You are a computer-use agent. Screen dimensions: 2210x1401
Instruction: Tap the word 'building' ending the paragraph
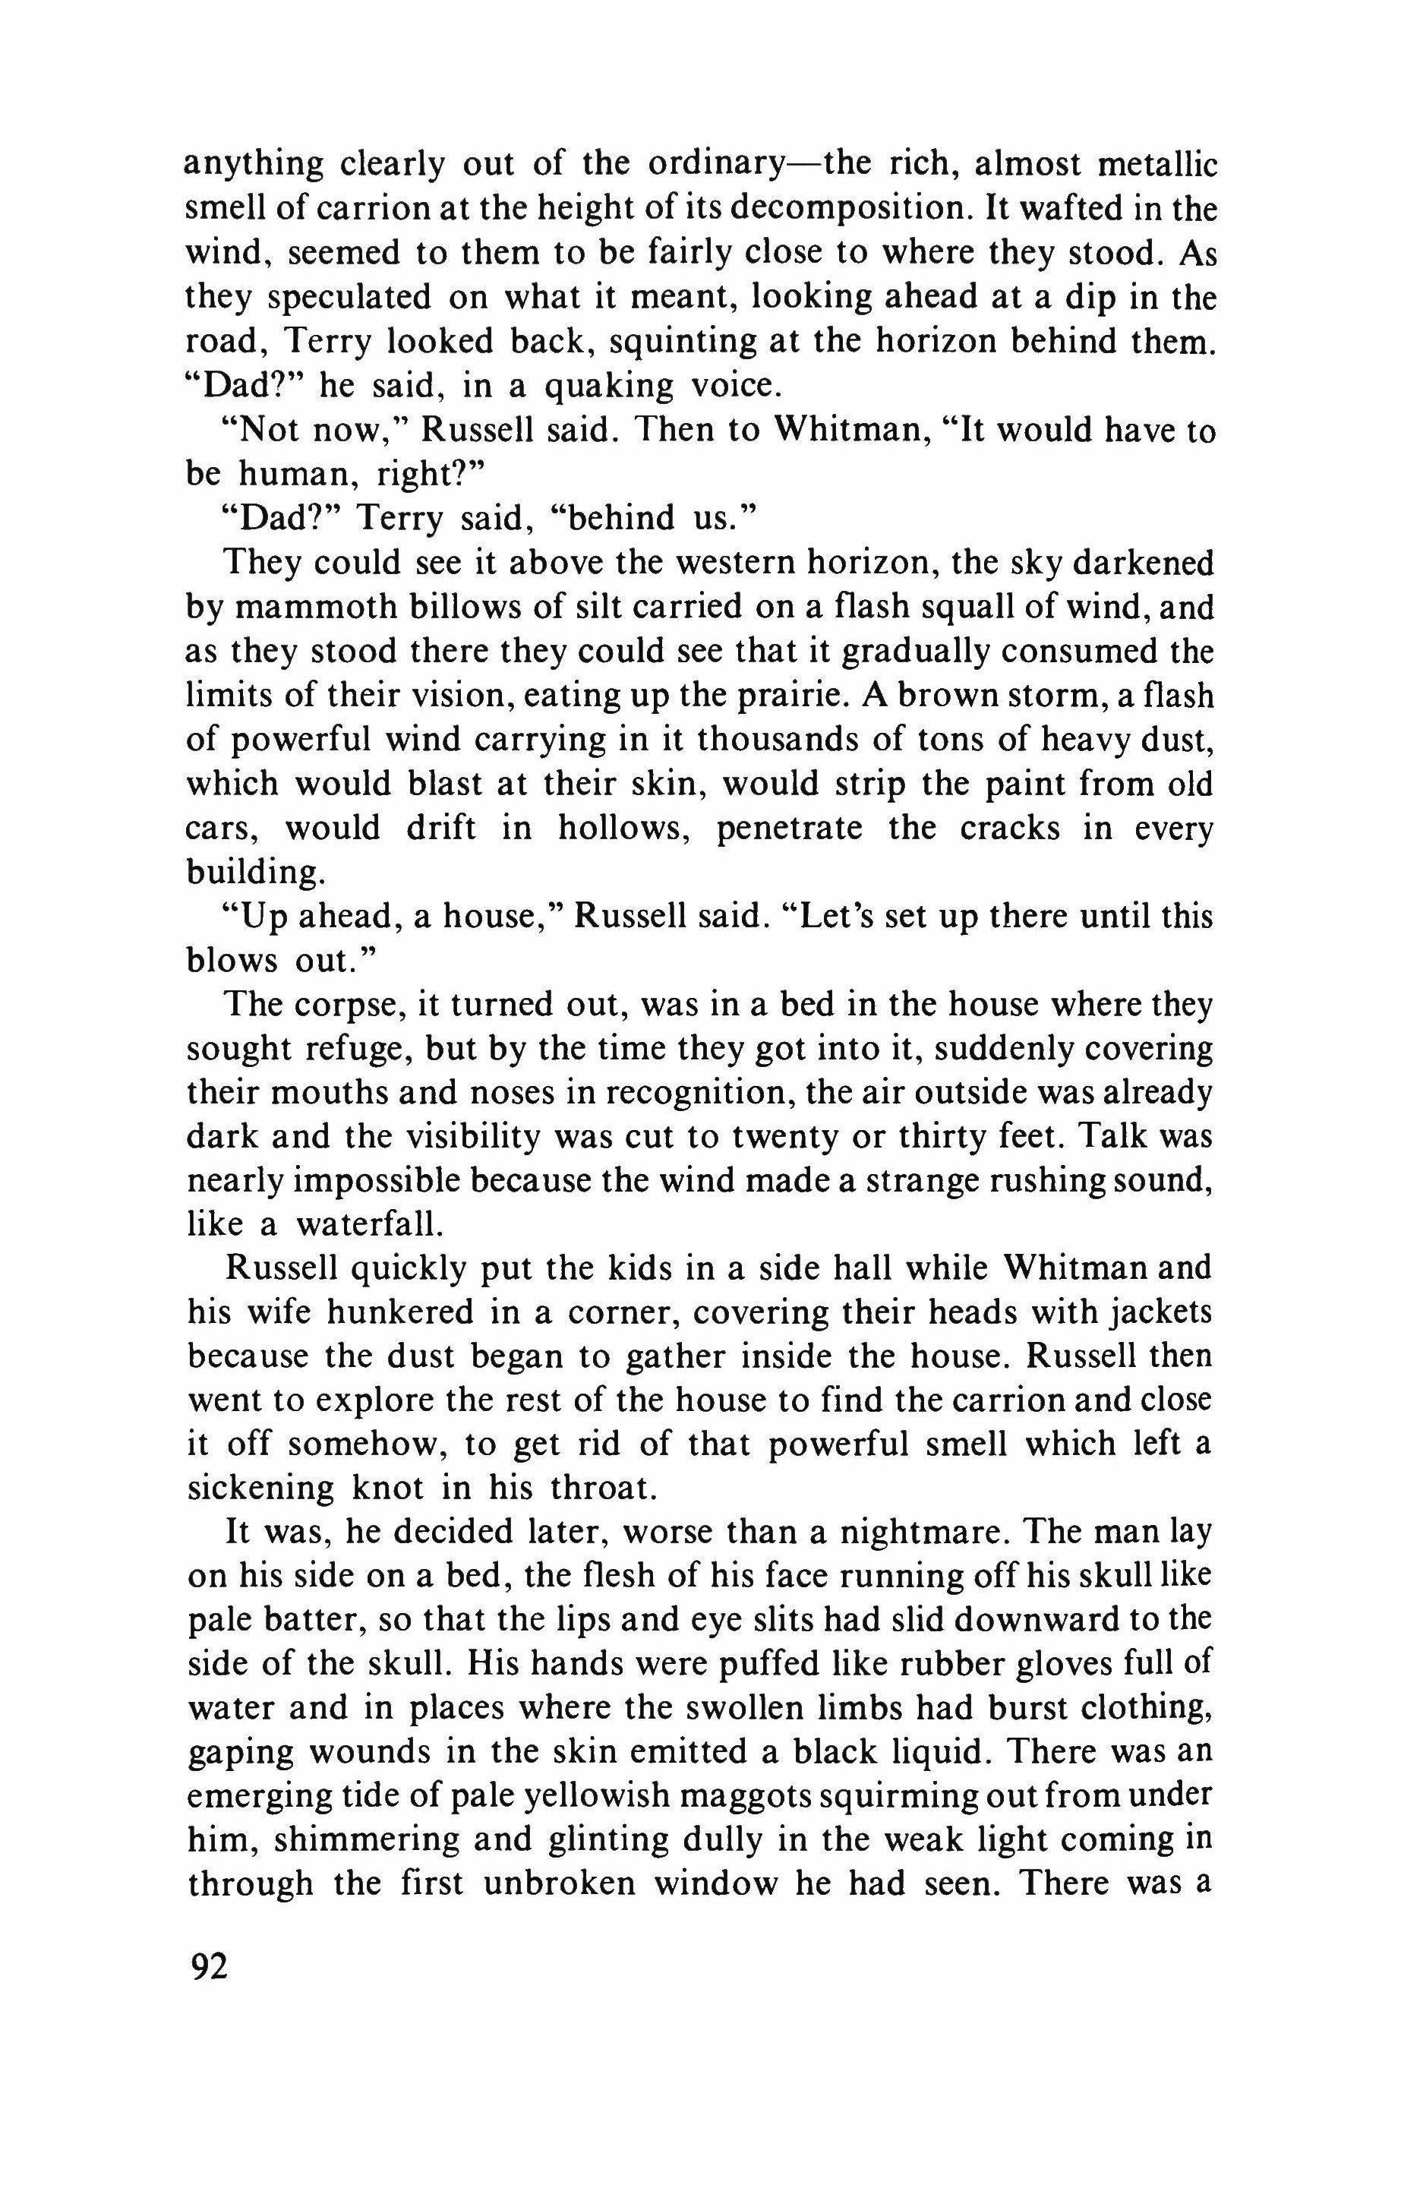tap(254, 872)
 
